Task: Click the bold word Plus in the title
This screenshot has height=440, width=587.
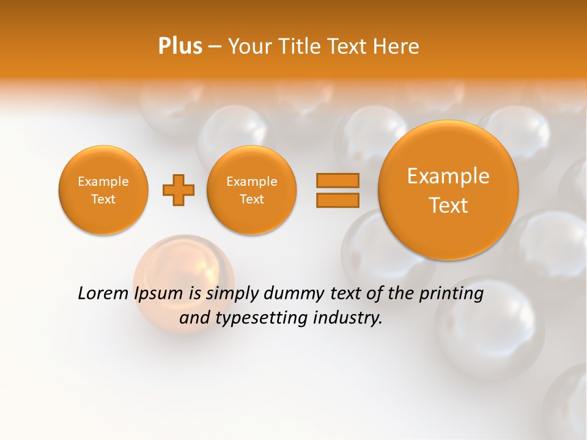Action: [180, 46]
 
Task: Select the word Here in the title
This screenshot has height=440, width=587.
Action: [398, 46]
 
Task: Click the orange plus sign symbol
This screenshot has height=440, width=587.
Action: [178, 190]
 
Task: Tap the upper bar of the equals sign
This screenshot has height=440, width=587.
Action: [337, 180]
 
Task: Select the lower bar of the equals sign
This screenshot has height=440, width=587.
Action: [337, 200]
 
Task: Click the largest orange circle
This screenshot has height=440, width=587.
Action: [448, 190]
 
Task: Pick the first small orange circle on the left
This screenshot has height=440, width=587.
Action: [103, 190]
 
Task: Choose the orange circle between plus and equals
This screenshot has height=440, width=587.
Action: [251, 190]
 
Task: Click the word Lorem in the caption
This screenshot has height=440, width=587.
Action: [102, 294]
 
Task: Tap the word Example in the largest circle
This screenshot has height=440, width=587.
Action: [448, 176]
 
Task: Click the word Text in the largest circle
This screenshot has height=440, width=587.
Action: [448, 205]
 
